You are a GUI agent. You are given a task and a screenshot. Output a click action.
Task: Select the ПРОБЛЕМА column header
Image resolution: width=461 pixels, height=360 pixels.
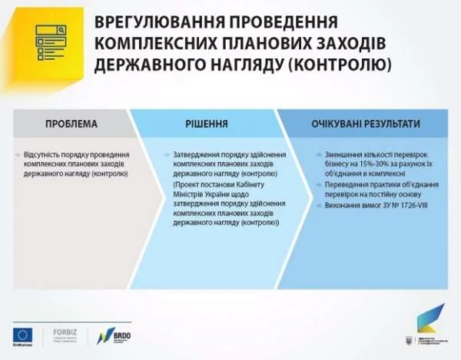[71, 123]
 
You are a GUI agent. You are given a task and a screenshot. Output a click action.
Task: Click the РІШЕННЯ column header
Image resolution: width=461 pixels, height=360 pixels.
[207, 123]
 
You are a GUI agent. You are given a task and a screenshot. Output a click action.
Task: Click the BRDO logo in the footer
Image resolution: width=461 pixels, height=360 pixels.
[114, 335]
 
